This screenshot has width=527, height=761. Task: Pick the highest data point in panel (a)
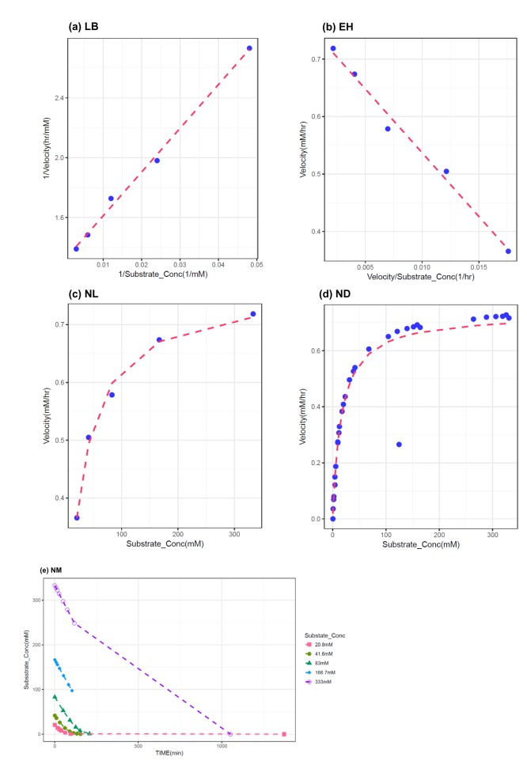click(x=249, y=48)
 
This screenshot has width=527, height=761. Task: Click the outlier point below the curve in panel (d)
click(x=399, y=445)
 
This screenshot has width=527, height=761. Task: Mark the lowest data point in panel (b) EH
click(x=508, y=252)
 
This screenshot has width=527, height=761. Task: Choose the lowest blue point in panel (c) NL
click(x=77, y=517)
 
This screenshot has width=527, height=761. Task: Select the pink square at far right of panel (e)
click(x=284, y=734)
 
